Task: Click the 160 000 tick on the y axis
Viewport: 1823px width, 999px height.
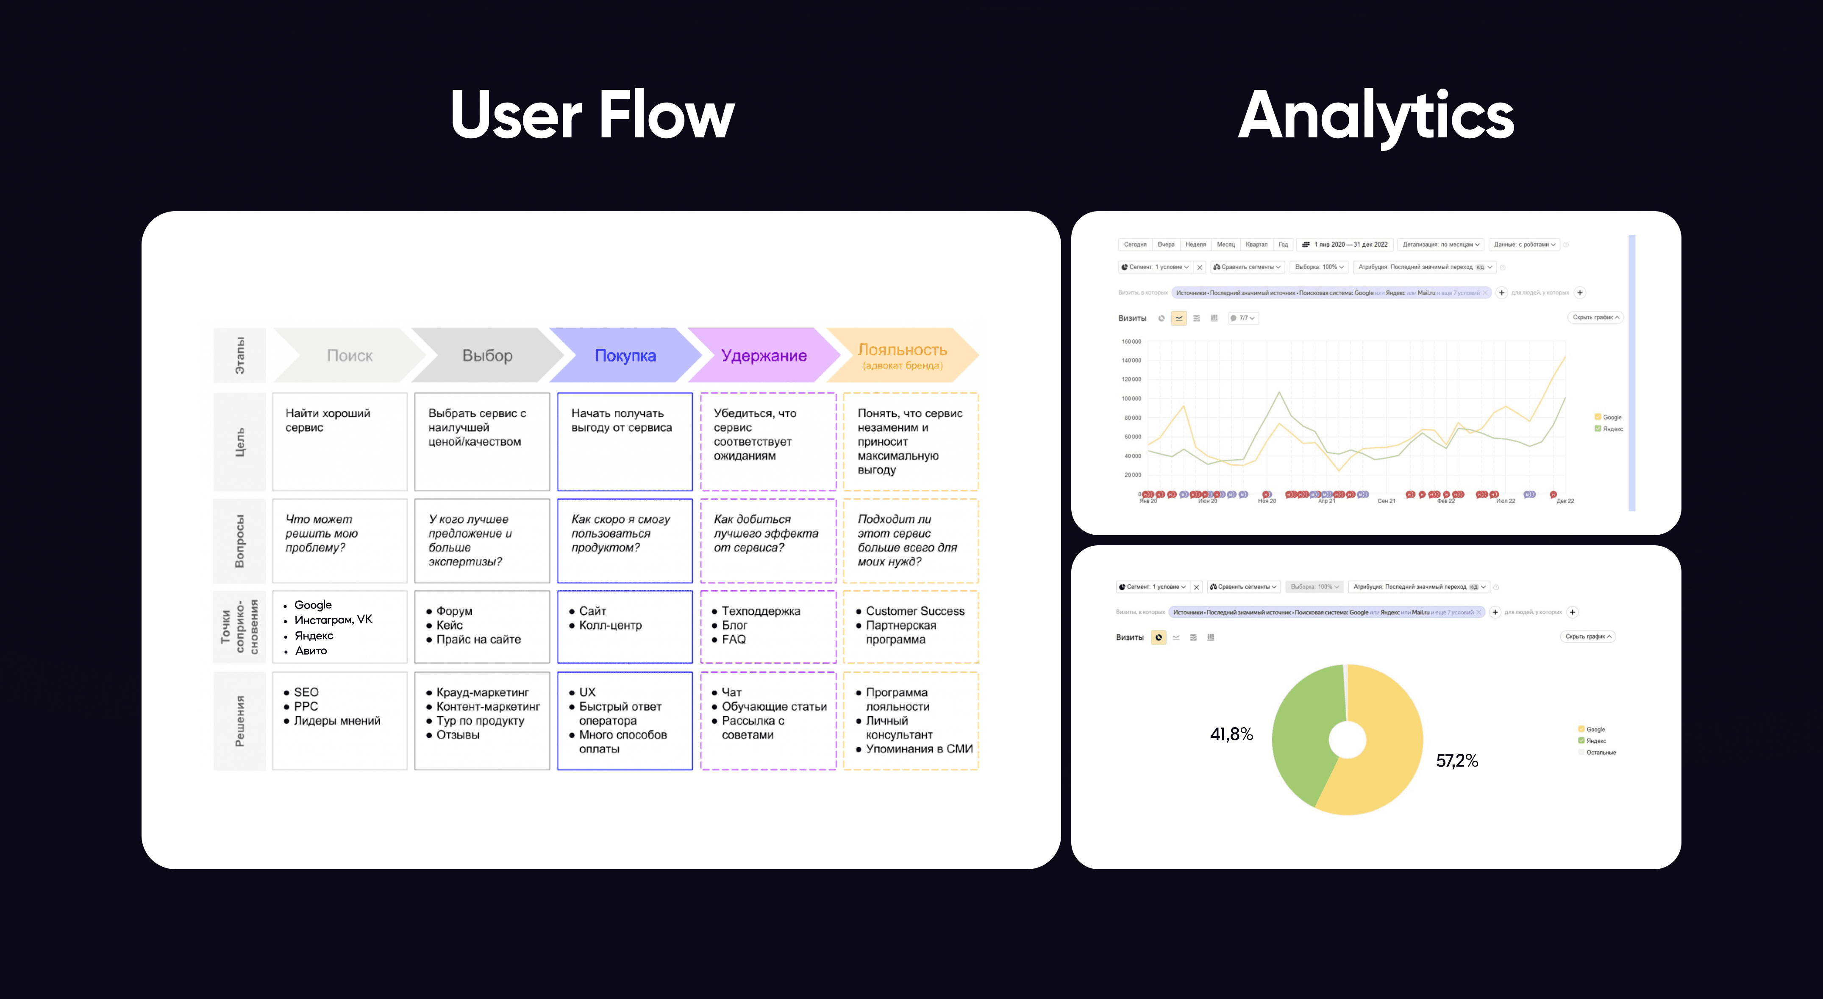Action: click(1131, 341)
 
